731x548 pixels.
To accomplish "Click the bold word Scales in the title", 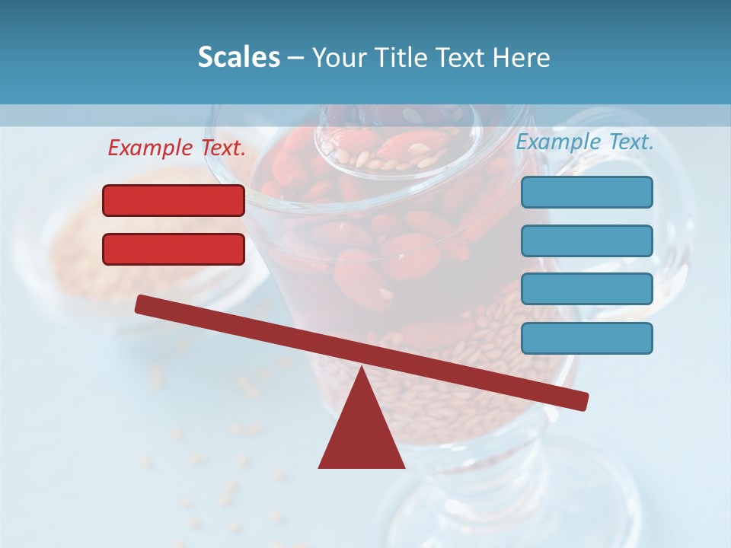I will [238, 57].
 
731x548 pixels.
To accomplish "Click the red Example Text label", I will [177, 148].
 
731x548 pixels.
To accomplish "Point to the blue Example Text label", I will [585, 142].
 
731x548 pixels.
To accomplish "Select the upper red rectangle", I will [174, 200].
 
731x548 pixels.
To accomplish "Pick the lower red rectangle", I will [174, 249].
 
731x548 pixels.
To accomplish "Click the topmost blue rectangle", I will [586, 192].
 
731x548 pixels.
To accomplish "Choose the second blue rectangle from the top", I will [586, 241].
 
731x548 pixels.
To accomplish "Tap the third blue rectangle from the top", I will [586, 288].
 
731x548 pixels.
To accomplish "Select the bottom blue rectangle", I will [586, 338].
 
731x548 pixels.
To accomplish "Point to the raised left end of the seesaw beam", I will [142, 304].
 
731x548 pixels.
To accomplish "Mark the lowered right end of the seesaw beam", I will [582, 400].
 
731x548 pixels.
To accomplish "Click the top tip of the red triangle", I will [361, 369].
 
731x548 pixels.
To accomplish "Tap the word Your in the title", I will [339, 57].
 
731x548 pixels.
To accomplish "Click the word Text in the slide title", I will [462, 57].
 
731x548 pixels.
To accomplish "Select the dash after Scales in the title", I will [296, 58].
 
